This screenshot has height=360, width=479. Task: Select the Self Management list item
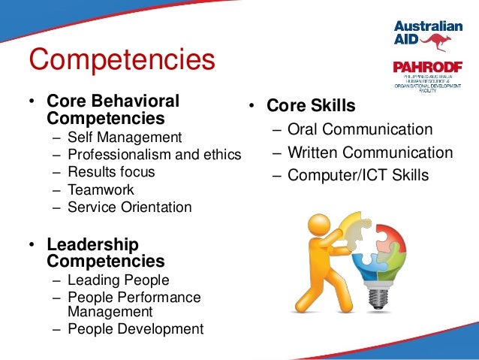click(x=124, y=138)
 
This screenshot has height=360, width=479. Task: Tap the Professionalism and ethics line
click(x=154, y=155)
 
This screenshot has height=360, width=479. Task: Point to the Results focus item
click(x=110, y=172)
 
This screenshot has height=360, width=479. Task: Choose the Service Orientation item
click(x=129, y=207)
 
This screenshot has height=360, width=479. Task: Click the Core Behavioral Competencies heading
click(x=113, y=110)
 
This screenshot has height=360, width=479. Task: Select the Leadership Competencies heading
click(x=105, y=253)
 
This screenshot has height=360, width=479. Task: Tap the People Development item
click(x=135, y=328)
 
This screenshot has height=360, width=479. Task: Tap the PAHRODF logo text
click(x=426, y=67)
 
